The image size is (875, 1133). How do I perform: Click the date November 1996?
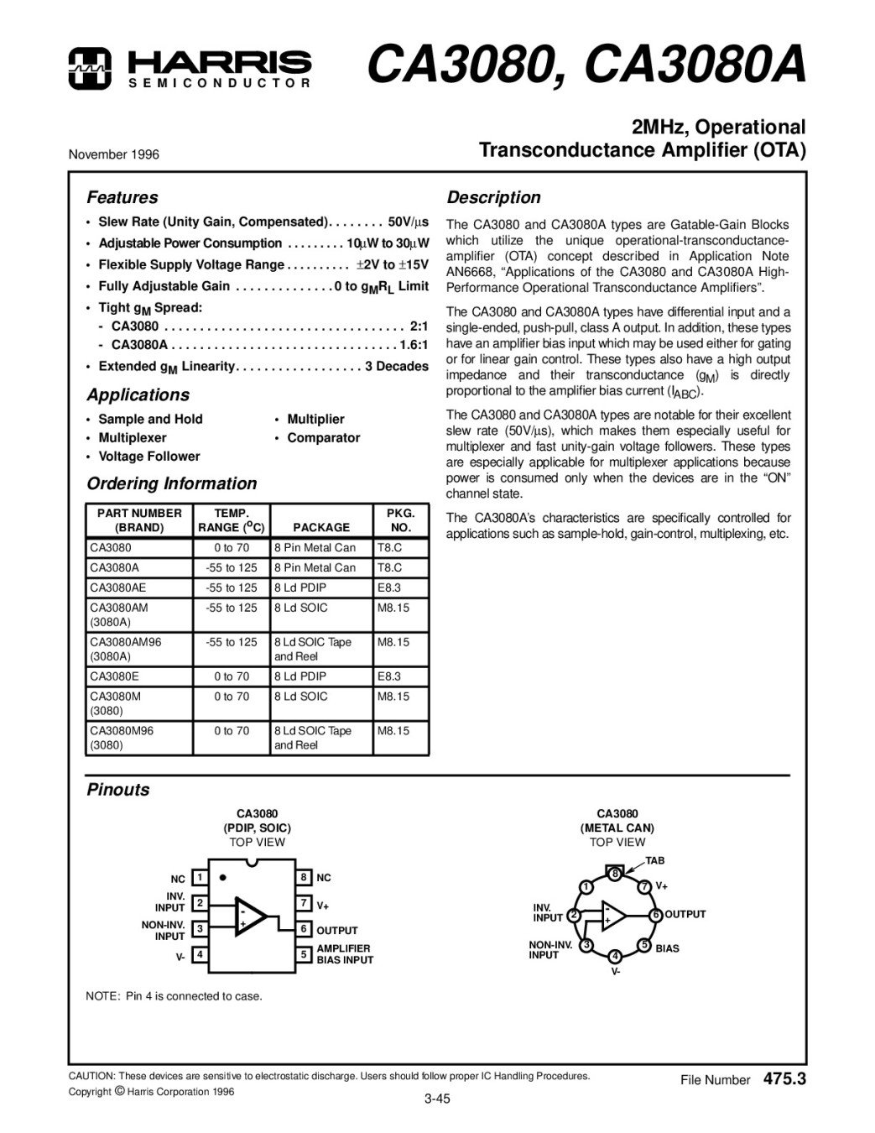113,154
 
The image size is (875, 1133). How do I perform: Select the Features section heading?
122,198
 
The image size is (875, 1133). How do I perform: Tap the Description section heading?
493,198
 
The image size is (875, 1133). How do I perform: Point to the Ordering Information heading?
172,483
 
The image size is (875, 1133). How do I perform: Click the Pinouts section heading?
118,790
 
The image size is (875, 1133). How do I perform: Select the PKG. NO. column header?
400,520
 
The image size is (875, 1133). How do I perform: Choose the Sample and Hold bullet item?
150,419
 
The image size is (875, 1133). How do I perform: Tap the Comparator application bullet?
323,437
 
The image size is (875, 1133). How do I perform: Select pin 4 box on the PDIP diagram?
200,954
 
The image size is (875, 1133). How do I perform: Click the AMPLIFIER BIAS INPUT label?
344,954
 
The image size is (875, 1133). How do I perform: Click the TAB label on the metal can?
654,860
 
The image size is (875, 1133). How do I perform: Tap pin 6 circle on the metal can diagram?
656,915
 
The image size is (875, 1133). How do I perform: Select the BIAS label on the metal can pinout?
668,948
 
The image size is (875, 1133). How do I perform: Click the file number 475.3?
784,1079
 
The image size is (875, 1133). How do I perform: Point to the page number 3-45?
437,1099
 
